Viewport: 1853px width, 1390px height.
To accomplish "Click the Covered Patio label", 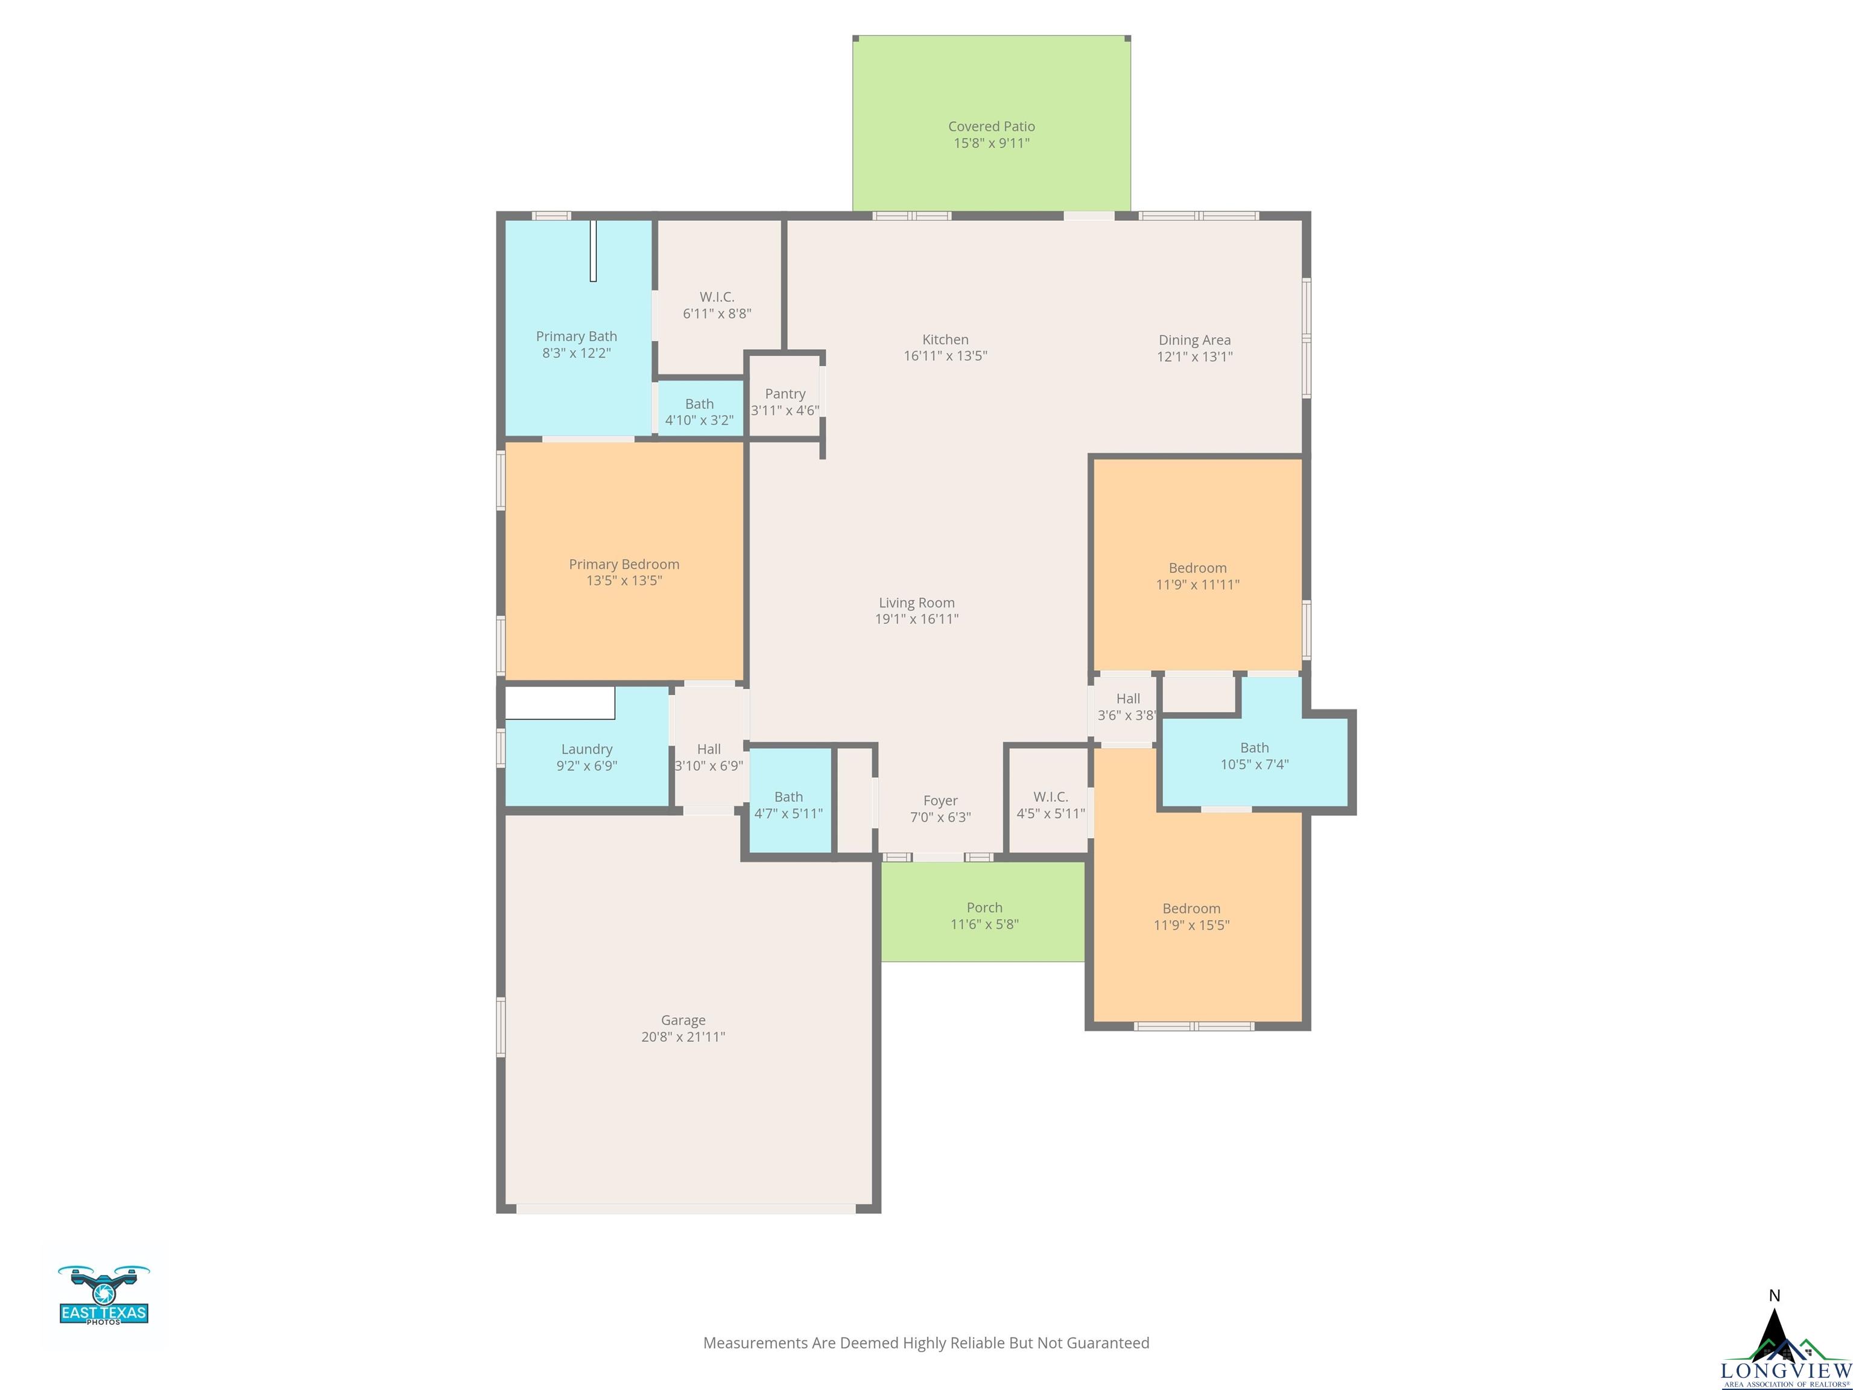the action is (x=991, y=127).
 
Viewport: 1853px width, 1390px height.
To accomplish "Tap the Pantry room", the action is (x=785, y=395).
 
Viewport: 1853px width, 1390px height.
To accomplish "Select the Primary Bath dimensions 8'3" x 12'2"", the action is (x=576, y=353).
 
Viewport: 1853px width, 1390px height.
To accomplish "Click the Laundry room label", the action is (x=586, y=749).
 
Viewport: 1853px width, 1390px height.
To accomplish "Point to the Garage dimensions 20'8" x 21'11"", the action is (x=683, y=1036).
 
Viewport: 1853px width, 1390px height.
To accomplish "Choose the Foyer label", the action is (x=940, y=801).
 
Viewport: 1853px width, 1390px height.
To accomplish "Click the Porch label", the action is (x=984, y=907).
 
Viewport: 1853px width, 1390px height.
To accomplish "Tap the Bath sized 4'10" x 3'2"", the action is (x=700, y=408).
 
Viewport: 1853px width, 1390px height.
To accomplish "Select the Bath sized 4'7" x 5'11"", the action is (x=789, y=800).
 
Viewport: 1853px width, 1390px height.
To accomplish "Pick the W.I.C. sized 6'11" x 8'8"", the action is (x=717, y=297).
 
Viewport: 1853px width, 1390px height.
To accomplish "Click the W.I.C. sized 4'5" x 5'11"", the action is (x=1051, y=800).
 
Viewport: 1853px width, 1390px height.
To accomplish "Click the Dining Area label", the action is (x=1194, y=340).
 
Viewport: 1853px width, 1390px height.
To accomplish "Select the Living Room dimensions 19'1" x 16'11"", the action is (x=916, y=619).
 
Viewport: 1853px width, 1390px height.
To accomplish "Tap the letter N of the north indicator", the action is (x=1774, y=1295).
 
